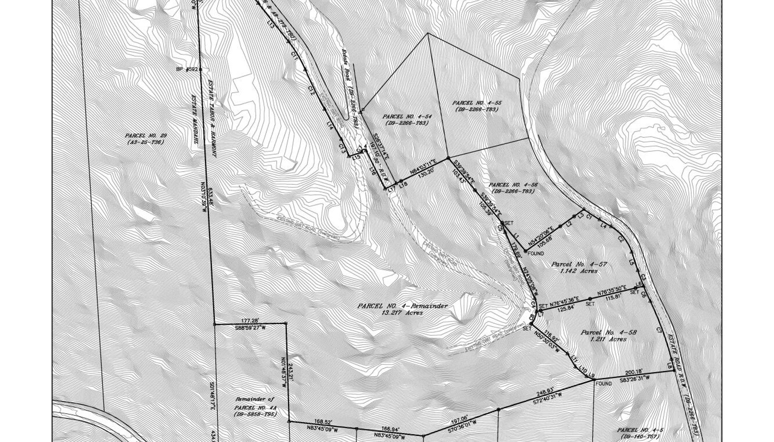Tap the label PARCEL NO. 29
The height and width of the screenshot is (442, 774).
click(x=145, y=139)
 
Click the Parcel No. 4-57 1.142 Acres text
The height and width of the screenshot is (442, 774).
click(x=579, y=267)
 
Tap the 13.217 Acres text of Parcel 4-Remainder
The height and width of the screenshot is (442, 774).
click(x=402, y=313)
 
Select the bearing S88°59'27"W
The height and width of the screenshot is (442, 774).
click(x=251, y=327)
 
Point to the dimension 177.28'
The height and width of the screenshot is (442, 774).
click(x=250, y=320)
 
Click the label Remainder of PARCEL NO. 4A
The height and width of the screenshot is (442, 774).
click(x=254, y=406)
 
